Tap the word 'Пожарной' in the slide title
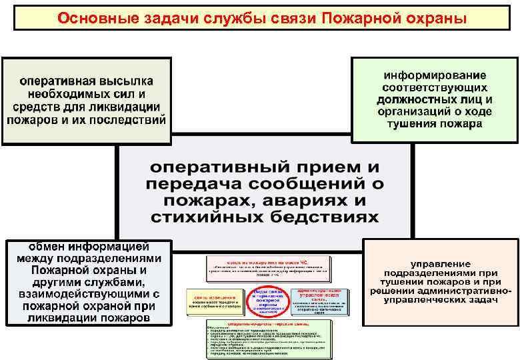point(353,17)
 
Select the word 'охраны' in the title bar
point(425,17)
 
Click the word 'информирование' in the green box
point(434,75)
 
